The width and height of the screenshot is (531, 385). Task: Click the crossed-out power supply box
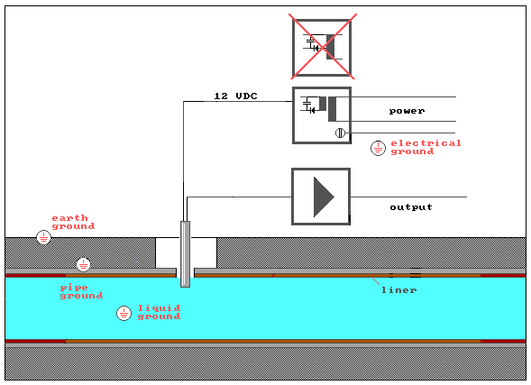pyautogui.click(x=322, y=48)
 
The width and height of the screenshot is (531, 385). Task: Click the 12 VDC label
pyautogui.click(x=235, y=96)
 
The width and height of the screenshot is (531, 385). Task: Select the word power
pyautogui.click(x=407, y=111)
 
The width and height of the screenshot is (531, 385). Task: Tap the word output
pyautogui.click(x=411, y=206)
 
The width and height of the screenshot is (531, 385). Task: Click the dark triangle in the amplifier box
pyautogui.click(x=324, y=197)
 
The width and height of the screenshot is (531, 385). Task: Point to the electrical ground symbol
pyautogui.click(x=378, y=148)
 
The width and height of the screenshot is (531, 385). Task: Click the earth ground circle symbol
pyautogui.click(x=43, y=237)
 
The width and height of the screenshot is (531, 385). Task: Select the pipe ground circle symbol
pyautogui.click(x=83, y=264)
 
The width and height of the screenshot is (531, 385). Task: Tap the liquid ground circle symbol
pyautogui.click(x=124, y=314)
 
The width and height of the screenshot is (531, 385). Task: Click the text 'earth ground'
pyautogui.click(x=73, y=222)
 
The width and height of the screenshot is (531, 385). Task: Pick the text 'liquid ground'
pyautogui.click(x=160, y=312)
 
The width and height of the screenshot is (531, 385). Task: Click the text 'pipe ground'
pyautogui.click(x=81, y=291)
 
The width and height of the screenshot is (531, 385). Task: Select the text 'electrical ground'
pyautogui.click(x=426, y=147)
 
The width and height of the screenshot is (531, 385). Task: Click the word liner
pyautogui.click(x=399, y=290)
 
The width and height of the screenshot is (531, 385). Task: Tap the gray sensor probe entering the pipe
pyautogui.click(x=185, y=254)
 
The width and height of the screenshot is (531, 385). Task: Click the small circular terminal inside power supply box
pyautogui.click(x=340, y=133)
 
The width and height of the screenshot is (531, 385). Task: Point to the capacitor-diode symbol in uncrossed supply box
pyautogui.click(x=308, y=105)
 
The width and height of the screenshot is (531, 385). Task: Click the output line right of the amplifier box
pyautogui.click(x=408, y=197)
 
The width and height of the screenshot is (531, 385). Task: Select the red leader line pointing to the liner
pyautogui.click(x=375, y=280)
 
